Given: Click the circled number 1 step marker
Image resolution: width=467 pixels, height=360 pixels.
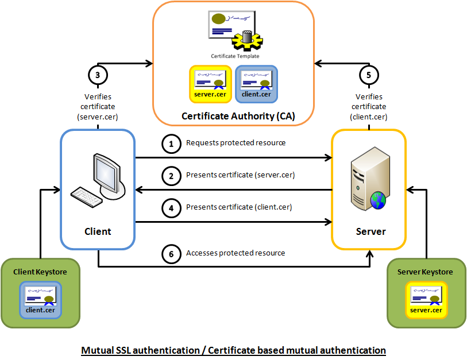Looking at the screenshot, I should [x=171, y=144].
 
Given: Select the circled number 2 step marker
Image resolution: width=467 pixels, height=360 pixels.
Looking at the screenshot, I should [x=171, y=176].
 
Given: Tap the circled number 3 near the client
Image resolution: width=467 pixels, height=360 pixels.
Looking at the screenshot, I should [x=98, y=75].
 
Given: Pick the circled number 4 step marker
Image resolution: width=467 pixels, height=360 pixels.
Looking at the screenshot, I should [x=171, y=208].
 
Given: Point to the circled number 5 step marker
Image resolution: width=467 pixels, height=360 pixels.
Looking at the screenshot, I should [x=369, y=75].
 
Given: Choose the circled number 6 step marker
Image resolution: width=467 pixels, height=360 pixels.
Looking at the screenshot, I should [x=171, y=254].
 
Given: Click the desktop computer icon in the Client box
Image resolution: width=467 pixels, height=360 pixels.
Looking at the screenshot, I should [x=97, y=180].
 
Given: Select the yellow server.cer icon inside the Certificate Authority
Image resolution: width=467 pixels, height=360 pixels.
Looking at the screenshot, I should [x=210, y=84].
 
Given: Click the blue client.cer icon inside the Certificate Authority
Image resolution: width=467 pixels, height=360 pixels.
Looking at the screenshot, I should [x=257, y=84].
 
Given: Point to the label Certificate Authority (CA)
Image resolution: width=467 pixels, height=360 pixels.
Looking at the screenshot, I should [x=238, y=116].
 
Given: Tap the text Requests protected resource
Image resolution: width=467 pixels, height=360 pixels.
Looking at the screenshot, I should [x=236, y=142].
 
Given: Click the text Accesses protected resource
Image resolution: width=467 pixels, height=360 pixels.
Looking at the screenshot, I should [x=236, y=253].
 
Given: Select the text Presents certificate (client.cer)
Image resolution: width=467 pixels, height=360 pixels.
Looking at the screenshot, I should [x=239, y=207].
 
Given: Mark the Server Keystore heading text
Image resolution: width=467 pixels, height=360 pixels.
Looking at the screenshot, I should [x=426, y=272].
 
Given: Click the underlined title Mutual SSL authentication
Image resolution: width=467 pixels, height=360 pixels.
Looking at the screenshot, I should [x=233, y=350].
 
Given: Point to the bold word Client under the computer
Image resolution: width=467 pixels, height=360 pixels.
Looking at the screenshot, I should [x=98, y=231].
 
